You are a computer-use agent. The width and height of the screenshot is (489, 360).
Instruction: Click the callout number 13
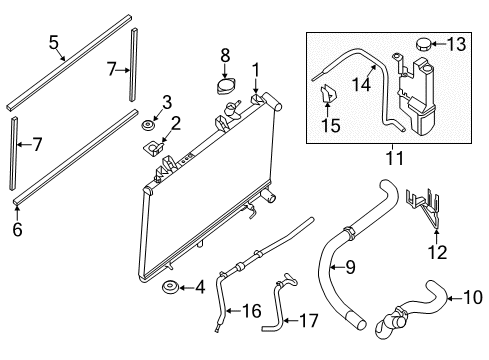[456, 44]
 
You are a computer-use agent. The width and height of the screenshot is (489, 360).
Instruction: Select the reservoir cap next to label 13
[421, 45]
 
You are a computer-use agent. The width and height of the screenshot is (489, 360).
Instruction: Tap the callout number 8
[225, 54]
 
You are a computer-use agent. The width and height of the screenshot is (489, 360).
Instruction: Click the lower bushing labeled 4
[169, 291]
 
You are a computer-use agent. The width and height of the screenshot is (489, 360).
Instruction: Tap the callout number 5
[54, 43]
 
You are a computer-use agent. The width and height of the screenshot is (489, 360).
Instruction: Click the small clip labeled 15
[325, 97]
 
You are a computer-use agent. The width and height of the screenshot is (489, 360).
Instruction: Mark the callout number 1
[256, 68]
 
